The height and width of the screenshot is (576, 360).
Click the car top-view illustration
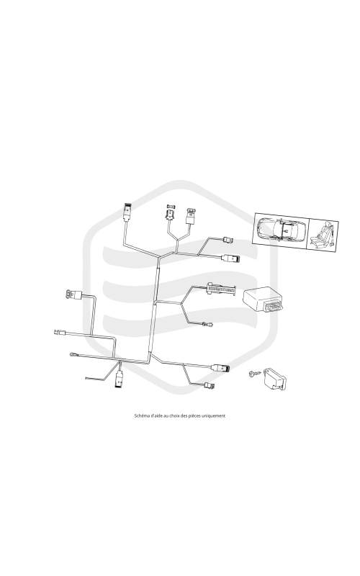click(x=282, y=230)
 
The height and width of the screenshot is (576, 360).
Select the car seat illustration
click(x=323, y=235)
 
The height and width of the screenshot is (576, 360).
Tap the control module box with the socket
click(x=264, y=300)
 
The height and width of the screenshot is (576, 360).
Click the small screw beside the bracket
click(x=254, y=374)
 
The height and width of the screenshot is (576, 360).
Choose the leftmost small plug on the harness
click(x=60, y=333)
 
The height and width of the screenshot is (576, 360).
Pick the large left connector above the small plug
click(x=74, y=294)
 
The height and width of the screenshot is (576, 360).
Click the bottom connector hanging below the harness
click(x=120, y=379)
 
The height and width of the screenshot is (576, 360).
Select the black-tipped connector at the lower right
click(x=222, y=368)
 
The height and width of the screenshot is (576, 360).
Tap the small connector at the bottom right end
click(x=210, y=386)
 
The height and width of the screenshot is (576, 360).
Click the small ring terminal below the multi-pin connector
click(x=207, y=325)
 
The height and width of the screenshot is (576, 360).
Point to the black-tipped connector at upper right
click(x=231, y=258)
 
